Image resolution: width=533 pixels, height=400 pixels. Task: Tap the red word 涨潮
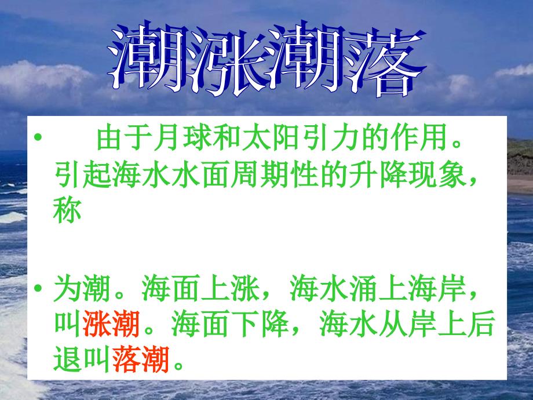(111, 323)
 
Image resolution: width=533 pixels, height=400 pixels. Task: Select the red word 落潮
(140, 359)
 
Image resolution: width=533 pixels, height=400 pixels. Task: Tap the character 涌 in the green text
(363, 289)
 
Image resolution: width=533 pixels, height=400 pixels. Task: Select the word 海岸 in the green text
(437, 289)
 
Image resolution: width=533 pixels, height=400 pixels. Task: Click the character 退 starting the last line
(67, 359)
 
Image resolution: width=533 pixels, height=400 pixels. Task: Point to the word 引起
(83, 175)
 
